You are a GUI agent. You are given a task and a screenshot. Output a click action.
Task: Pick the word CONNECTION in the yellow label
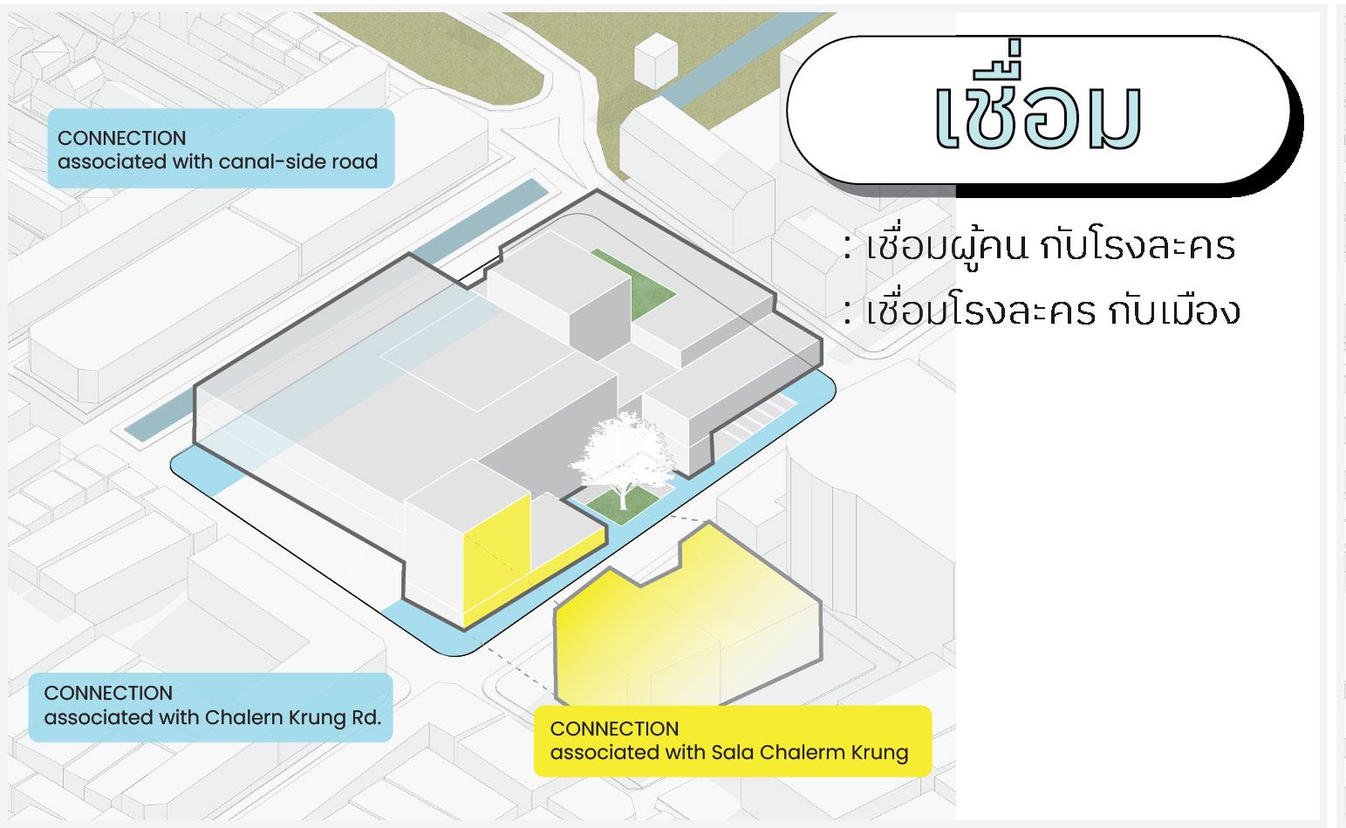point(614,729)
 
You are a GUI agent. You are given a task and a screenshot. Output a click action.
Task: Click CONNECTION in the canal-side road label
point(121,138)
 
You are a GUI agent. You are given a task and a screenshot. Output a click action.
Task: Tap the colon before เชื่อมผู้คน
point(847,248)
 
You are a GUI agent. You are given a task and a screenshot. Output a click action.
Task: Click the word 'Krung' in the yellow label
point(878,752)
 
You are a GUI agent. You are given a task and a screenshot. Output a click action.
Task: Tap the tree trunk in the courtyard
point(623,497)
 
